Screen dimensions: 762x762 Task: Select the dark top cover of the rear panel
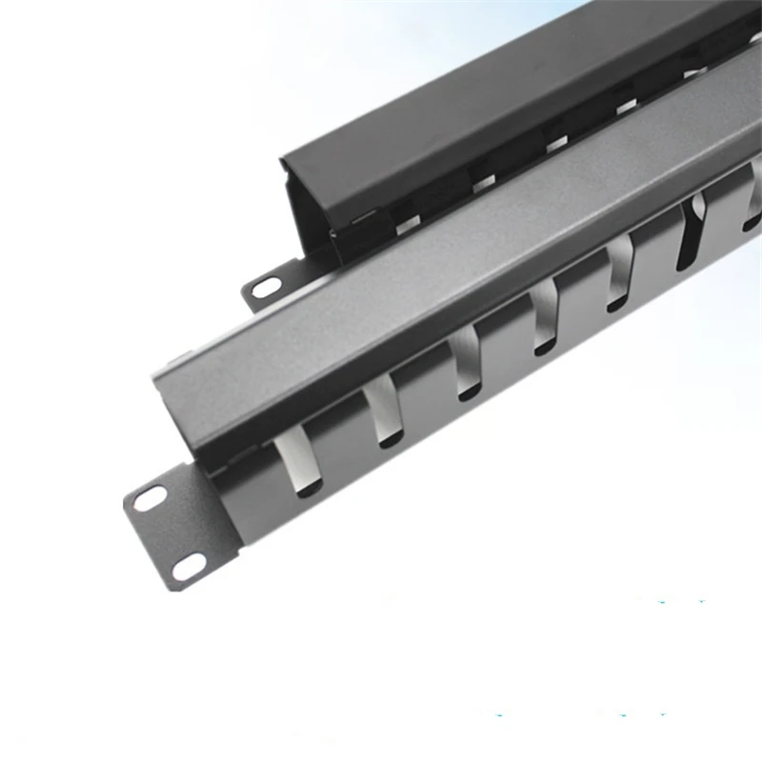pyautogui.click(x=476, y=105)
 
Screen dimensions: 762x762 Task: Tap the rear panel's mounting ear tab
pyautogui.click(x=267, y=284)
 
